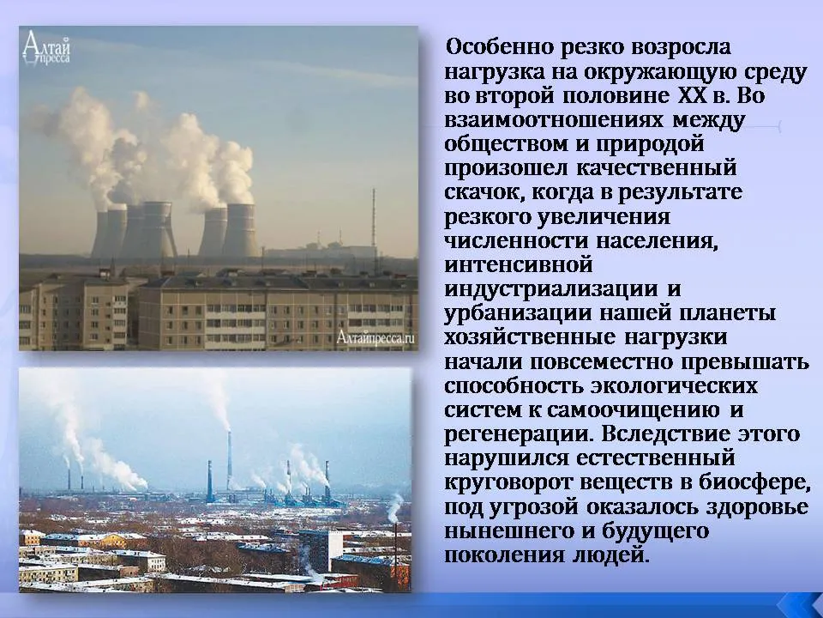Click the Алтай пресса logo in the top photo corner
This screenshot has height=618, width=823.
click(x=46, y=48)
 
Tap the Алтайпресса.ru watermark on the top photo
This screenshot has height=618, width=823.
click(x=375, y=337)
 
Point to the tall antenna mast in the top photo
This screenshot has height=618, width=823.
click(x=374, y=221)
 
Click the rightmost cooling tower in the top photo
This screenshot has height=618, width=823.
click(x=240, y=230)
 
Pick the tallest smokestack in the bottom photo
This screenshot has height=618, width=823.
click(x=230, y=462)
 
